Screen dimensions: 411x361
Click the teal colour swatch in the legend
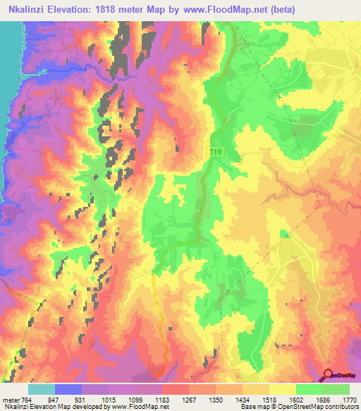pos(42,389)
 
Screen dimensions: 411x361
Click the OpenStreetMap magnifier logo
pos(328,375)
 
